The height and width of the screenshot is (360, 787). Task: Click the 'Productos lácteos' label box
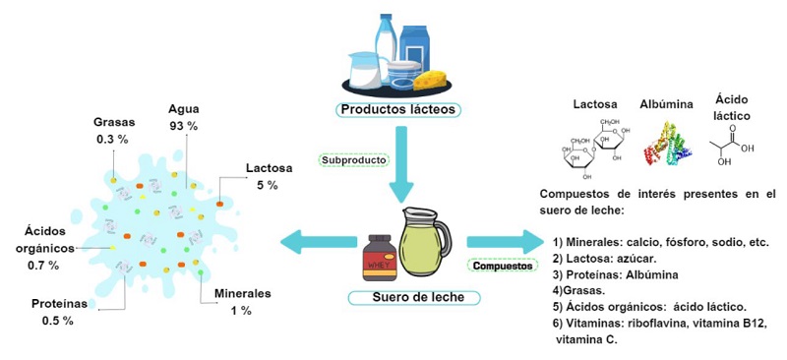[398, 110]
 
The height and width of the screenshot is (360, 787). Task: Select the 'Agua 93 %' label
[184, 117]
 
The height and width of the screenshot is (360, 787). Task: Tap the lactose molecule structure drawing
[594, 147]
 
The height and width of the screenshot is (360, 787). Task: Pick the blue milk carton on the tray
[414, 46]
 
